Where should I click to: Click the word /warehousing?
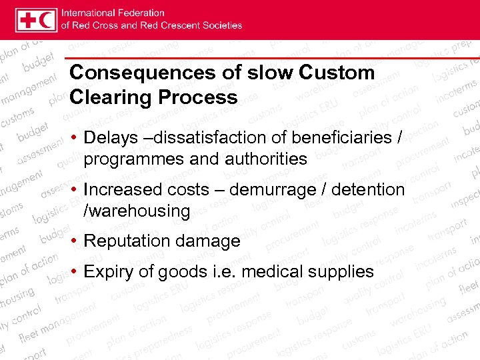click(137, 211)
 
